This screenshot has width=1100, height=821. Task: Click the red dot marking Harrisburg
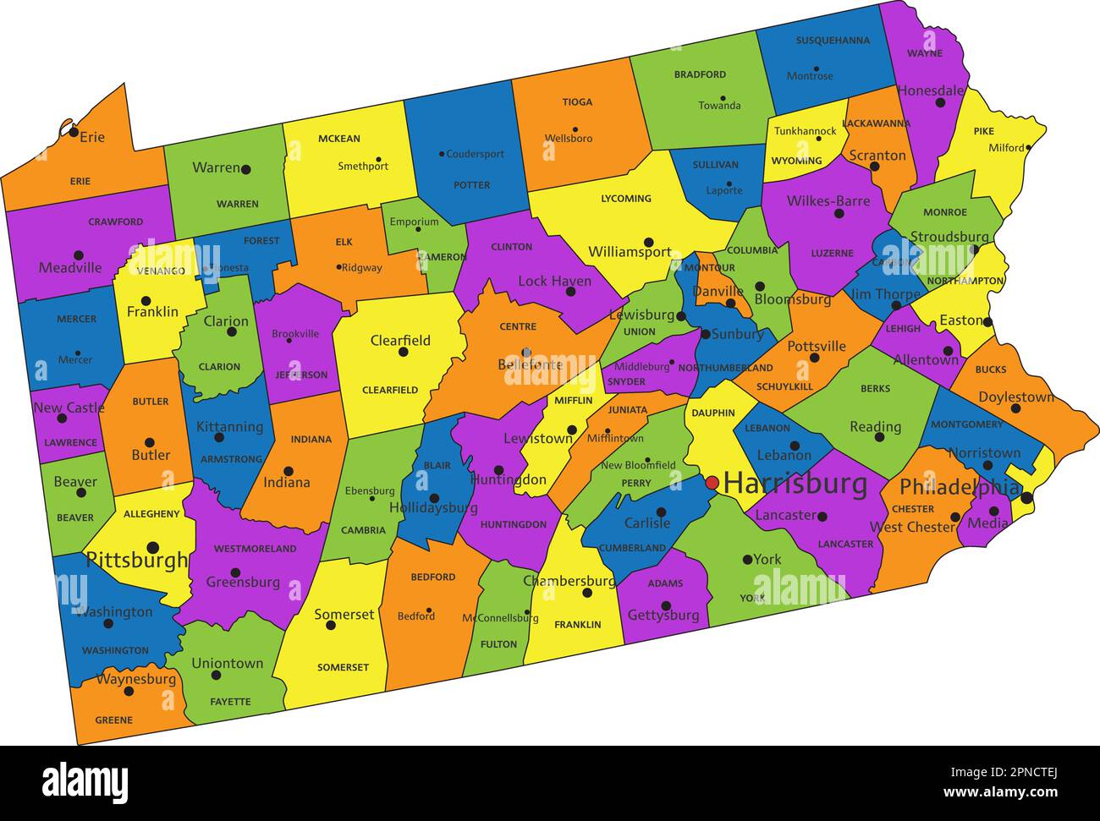(712, 482)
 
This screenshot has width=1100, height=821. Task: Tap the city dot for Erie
(74, 132)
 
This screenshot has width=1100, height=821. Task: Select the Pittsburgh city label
(137, 561)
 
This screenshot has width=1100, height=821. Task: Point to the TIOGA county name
(577, 102)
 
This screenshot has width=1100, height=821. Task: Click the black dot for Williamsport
(648, 242)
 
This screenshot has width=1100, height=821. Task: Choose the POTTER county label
(471, 185)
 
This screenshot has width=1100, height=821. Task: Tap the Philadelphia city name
(959, 488)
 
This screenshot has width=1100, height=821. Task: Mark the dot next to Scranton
(875, 167)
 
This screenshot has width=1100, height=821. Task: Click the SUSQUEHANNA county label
(833, 41)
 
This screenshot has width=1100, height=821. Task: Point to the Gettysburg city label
(663, 616)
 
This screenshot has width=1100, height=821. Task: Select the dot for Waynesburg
(129, 691)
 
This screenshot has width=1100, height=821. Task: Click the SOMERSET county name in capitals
(343, 667)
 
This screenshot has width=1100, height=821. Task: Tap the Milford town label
(1006, 148)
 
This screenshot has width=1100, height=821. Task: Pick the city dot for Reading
(879, 436)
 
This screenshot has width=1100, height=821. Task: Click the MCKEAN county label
(339, 139)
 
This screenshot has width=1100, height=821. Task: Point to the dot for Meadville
(78, 255)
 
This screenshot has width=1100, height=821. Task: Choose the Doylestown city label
(1016, 397)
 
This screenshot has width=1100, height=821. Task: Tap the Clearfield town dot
(403, 352)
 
